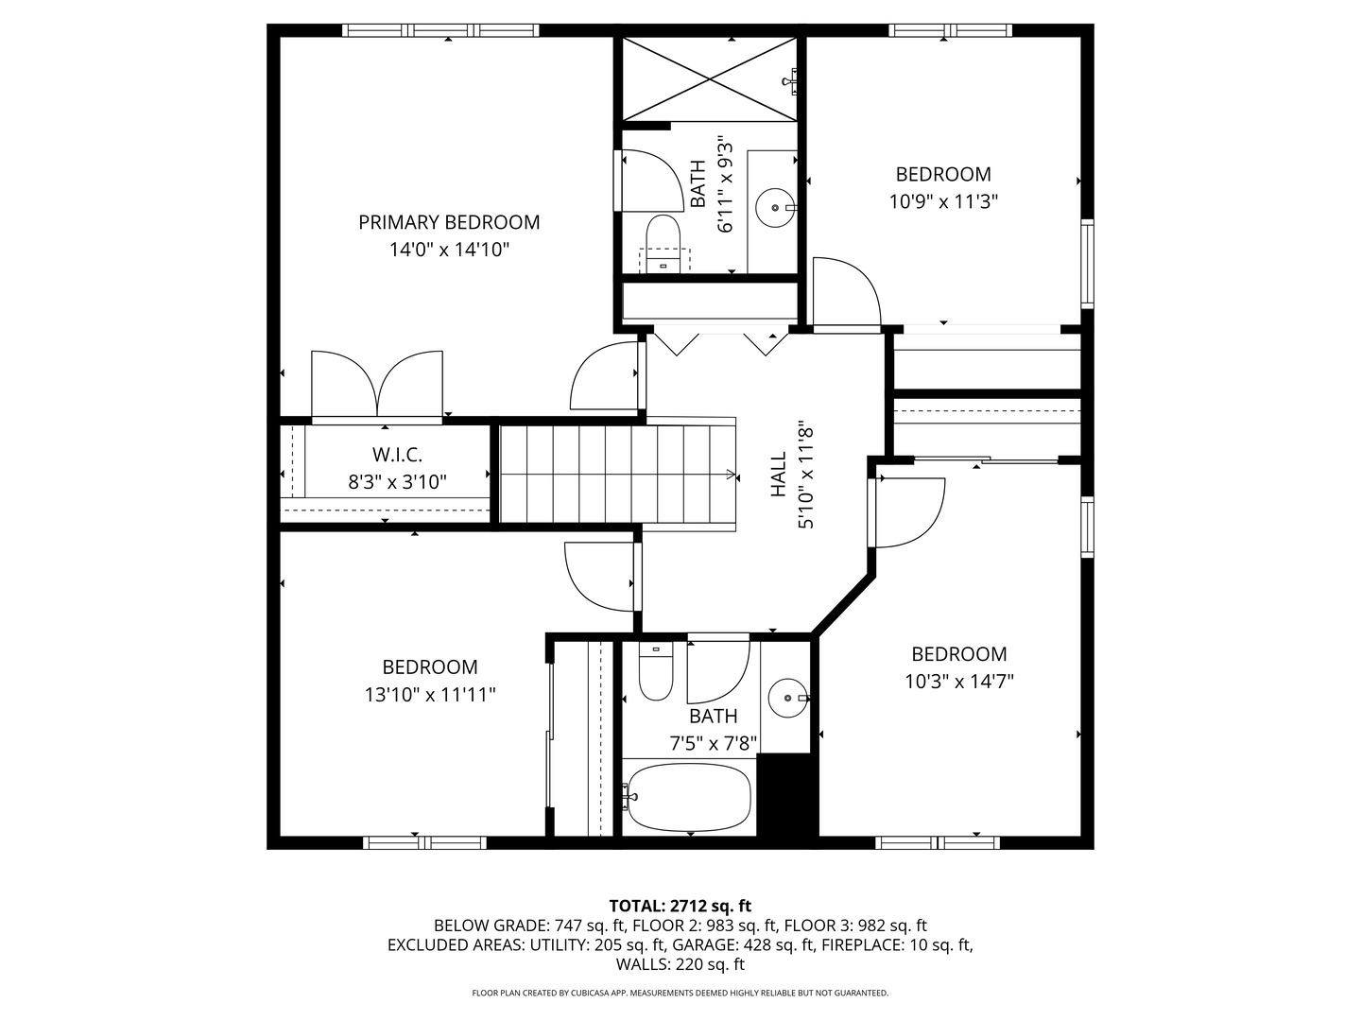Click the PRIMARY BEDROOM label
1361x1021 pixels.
click(x=449, y=222)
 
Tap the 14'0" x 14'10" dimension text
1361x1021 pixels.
click(x=449, y=250)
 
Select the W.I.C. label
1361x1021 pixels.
click(x=398, y=455)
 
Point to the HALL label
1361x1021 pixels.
click(x=778, y=475)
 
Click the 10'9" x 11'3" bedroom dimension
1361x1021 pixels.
click(x=943, y=201)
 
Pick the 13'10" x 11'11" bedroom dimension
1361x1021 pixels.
click(x=430, y=694)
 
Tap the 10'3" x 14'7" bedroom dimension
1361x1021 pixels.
click(x=958, y=682)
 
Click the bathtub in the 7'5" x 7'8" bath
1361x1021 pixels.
click(x=689, y=798)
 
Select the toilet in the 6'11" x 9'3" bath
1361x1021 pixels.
click(x=663, y=243)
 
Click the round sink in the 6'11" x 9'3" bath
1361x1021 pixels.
click(x=774, y=208)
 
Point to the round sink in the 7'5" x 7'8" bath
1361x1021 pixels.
click(x=788, y=698)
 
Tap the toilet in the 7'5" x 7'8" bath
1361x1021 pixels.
click(x=655, y=671)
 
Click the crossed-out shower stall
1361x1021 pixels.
click(x=710, y=78)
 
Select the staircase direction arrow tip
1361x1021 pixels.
click(x=735, y=476)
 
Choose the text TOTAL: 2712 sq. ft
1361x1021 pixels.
click(x=680, y=907)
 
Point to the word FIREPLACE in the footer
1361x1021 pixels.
click(x=861, y=945)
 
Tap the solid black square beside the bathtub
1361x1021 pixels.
click(x=784, y=795)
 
